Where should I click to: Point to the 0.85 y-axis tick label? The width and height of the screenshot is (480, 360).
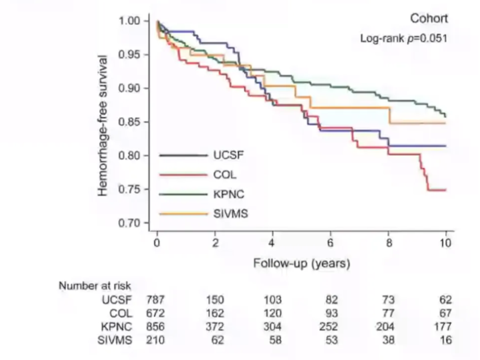[130, 122]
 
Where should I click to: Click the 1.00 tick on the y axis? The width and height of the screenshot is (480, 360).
[130, 21]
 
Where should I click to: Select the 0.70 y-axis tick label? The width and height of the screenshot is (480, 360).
[130, 223]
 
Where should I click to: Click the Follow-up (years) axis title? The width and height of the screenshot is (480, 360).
[302, 263]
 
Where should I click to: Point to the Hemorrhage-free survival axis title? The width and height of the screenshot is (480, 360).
[102, 125]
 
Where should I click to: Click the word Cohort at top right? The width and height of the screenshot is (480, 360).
[429, 19]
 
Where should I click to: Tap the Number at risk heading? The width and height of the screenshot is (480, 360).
[95, 286]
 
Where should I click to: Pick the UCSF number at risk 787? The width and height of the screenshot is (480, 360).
[155, 300]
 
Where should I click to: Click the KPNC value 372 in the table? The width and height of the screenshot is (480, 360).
[215, 327]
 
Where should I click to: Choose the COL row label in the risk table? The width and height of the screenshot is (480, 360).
[121, 313]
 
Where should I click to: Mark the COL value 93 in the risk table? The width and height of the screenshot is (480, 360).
[331, 313]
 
